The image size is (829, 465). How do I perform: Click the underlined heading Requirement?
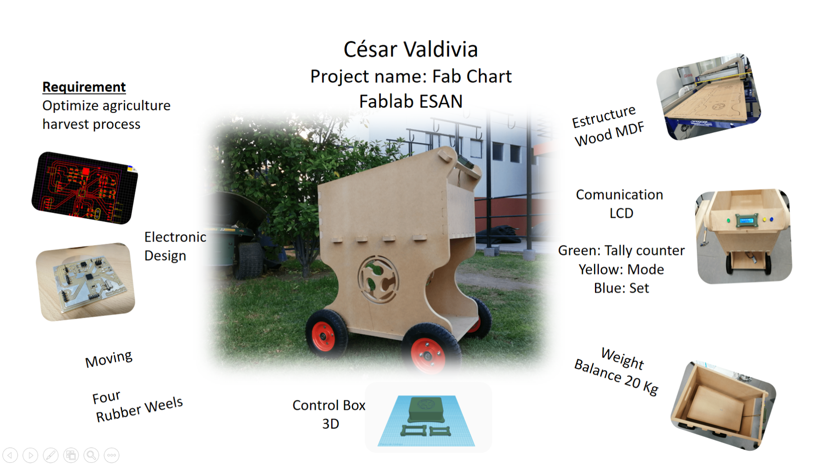point(84,87)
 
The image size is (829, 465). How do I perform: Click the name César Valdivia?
point(410,49)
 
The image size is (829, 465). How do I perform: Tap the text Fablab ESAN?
point(411,102)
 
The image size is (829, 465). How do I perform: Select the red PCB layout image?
point(85,188)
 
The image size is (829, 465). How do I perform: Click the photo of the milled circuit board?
point(85,282)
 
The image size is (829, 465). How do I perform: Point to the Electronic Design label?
point(175,246)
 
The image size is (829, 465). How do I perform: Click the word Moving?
point(109,359)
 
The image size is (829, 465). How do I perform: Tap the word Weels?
point(163,405)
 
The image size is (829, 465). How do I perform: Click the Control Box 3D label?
point(329,414)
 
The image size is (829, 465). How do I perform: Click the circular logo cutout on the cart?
point(378,279)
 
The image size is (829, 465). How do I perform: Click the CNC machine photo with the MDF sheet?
point(709,97)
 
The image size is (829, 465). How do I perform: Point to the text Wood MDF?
point(610,134)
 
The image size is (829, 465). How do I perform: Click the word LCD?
point(621,214)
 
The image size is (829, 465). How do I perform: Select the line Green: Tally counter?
point(621,251)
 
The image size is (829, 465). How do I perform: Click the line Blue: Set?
point(621,288)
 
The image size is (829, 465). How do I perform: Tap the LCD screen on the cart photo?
point(747,220)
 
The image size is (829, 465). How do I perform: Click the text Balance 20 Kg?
point(616,377)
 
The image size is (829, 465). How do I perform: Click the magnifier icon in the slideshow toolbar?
point(91,455)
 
